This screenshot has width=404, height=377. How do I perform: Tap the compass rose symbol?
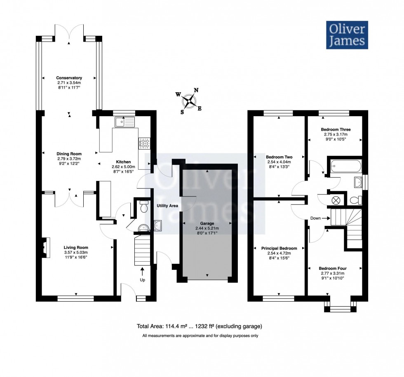(190, 99)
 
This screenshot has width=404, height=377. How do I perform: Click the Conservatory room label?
(69, 78)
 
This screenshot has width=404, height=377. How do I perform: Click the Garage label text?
(207, 223)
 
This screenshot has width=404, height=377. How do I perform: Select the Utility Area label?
(167, 205)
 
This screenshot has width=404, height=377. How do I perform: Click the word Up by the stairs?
(142, 280)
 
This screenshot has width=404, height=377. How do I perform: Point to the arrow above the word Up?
(142, 272)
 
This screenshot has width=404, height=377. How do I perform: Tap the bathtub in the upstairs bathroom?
(345, 166)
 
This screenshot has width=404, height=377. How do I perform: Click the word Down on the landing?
(316, 218)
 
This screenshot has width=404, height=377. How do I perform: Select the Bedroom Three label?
(336, 129)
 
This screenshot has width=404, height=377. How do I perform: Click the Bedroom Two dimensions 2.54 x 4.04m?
(279, 162)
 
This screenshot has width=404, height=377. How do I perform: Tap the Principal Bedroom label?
(279, 248)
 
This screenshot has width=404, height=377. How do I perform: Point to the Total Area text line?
(200, 327)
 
